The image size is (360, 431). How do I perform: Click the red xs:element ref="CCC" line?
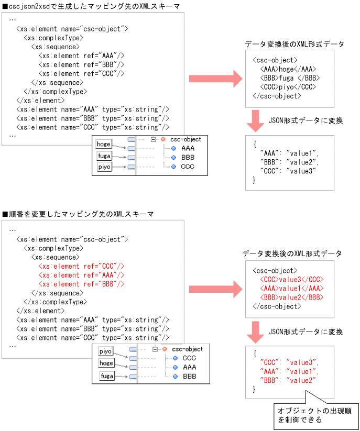(x=81, y=266)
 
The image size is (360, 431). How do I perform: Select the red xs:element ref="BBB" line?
(x=81, y=284)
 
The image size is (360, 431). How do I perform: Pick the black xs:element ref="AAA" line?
(x=81, y=56)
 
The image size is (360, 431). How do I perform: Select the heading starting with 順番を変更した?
(x=79, y=214)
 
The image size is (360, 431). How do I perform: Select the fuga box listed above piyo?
(x=104, y=156)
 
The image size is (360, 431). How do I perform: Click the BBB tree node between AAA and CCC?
(x=188, y=157)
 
